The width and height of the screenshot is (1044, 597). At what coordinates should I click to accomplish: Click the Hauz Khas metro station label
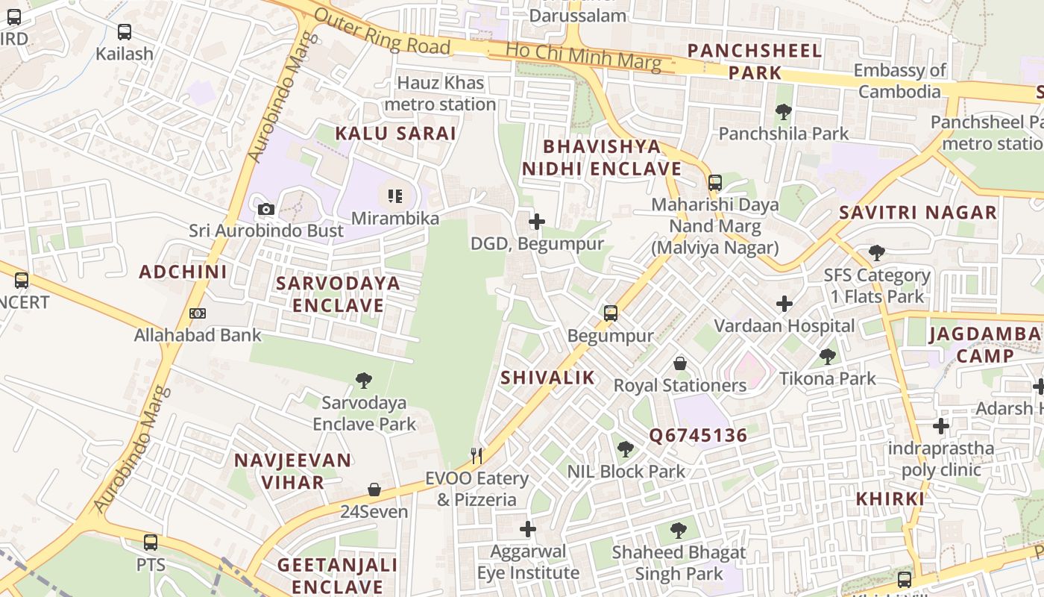440,93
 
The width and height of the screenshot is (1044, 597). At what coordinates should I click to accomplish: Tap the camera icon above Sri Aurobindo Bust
266,209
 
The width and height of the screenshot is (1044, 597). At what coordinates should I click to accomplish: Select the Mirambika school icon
395,196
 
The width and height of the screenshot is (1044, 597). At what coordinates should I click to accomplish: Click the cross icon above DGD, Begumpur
536,222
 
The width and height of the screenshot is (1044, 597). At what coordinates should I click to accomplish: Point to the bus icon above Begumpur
611,313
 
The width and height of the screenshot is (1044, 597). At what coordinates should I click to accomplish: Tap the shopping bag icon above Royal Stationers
680,363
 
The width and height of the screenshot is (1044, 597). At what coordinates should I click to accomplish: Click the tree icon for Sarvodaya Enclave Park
364,381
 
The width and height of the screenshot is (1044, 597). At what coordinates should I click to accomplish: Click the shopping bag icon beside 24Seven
374,490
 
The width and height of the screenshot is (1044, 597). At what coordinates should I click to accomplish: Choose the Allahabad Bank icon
198,313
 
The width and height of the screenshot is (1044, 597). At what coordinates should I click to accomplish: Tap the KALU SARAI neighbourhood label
395,134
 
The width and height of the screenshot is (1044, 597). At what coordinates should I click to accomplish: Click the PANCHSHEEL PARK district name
755,61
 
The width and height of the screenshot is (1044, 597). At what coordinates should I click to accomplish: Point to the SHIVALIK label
548,378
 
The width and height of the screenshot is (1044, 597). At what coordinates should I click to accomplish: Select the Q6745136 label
698,436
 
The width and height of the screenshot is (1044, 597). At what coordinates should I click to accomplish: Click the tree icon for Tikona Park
827,356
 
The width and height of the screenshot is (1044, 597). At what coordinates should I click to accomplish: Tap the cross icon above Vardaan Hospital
784,304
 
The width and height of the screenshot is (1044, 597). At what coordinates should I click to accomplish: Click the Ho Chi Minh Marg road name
583,57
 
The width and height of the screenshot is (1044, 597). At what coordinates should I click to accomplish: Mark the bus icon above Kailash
125,32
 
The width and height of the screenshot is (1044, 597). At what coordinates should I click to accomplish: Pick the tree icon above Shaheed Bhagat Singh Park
678,531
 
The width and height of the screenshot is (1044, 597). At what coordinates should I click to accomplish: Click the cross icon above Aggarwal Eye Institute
528,529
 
